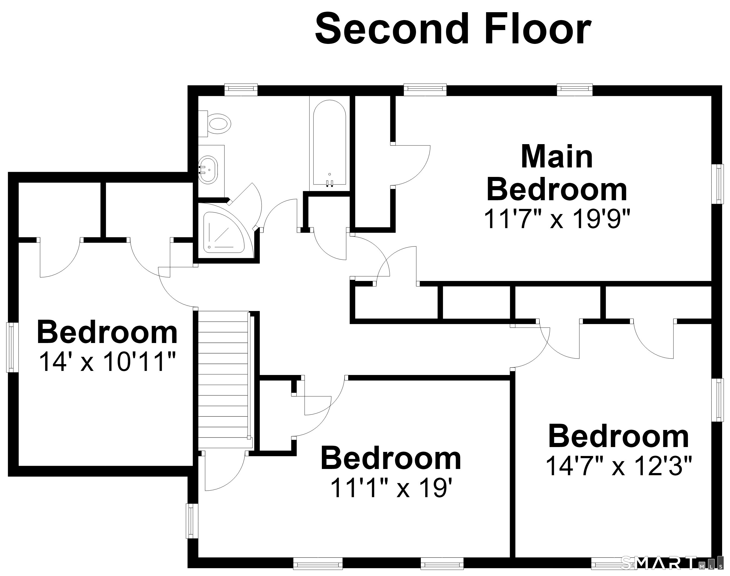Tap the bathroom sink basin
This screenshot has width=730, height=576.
(x=208, y=170)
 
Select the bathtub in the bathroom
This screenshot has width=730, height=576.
(x=329, y=144)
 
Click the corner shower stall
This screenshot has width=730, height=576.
(x=223, y=232)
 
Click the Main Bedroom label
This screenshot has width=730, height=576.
(x=557, y=173)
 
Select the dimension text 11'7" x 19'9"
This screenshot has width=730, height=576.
(x=557, y=219)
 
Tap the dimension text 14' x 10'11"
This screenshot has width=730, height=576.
(x=108, y=361)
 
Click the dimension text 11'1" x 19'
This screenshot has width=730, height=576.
(x=391, y=488)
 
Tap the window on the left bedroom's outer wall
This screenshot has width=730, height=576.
(x=12, y=347)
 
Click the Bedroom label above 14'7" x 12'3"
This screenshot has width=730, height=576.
(x=619, y=437)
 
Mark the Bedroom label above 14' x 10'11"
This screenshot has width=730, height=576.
(x=107, y=332)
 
